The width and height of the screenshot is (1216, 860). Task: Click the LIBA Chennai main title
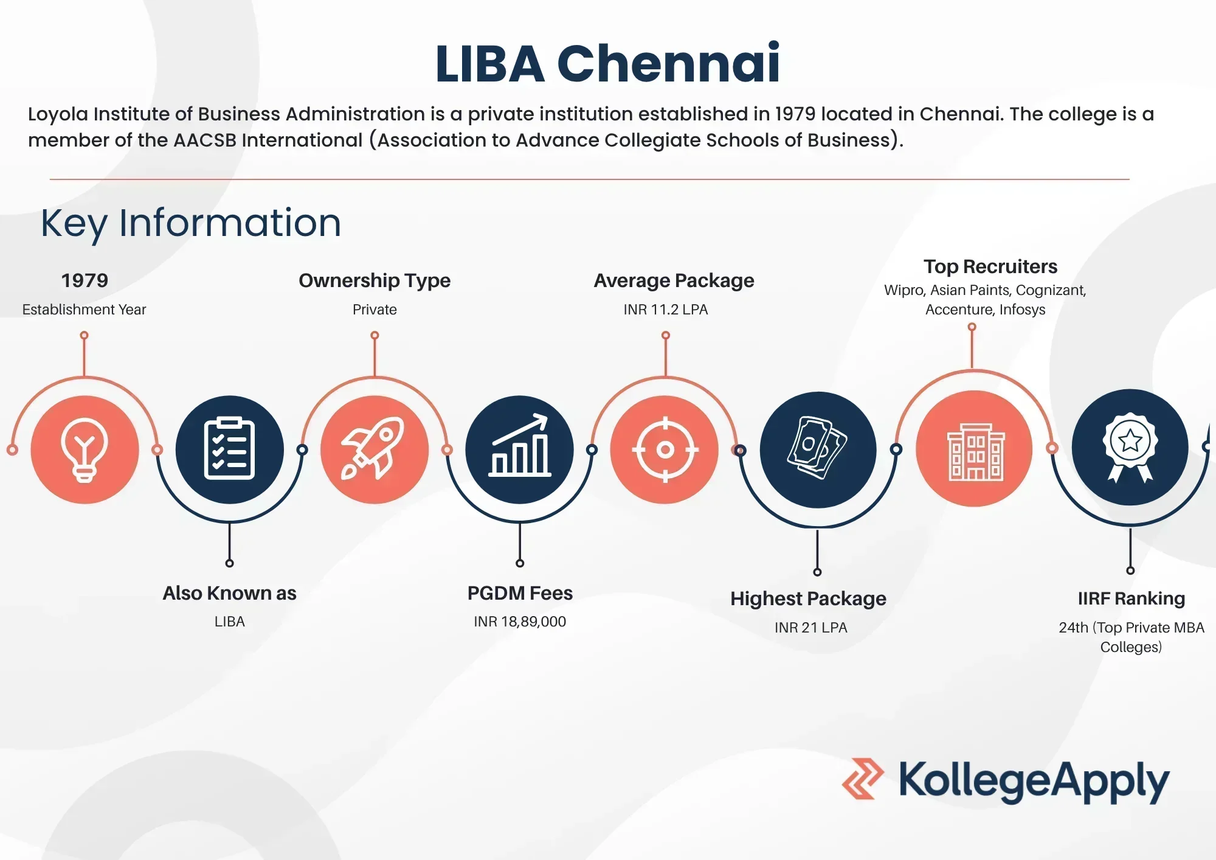point(607,63)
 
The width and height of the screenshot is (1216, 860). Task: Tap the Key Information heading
point(191,223)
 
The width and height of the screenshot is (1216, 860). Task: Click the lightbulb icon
point(85,450)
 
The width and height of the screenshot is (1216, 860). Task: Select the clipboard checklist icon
point(229,449)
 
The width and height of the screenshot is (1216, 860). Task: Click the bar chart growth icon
point(520,445)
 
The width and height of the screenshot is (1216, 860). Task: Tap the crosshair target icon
point(665,450)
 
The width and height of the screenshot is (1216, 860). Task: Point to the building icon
point(976,452)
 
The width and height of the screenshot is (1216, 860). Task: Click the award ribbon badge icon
point(1130,448)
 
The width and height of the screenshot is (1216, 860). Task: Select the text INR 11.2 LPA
point(666,310)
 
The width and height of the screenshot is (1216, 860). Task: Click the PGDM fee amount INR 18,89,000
point(520,622)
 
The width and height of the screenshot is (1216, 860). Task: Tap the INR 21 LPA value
point(811,628)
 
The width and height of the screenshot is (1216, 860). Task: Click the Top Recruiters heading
point(990,266)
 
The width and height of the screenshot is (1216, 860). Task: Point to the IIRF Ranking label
point(1131,598)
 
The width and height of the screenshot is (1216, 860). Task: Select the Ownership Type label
point(375,280)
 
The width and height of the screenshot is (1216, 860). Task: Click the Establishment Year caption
point(84,310)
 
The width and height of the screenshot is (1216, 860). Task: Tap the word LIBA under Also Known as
point(229,622)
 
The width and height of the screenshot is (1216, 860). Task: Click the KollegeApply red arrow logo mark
point(863,779)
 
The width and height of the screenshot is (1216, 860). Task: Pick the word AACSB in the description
point(205,140)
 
